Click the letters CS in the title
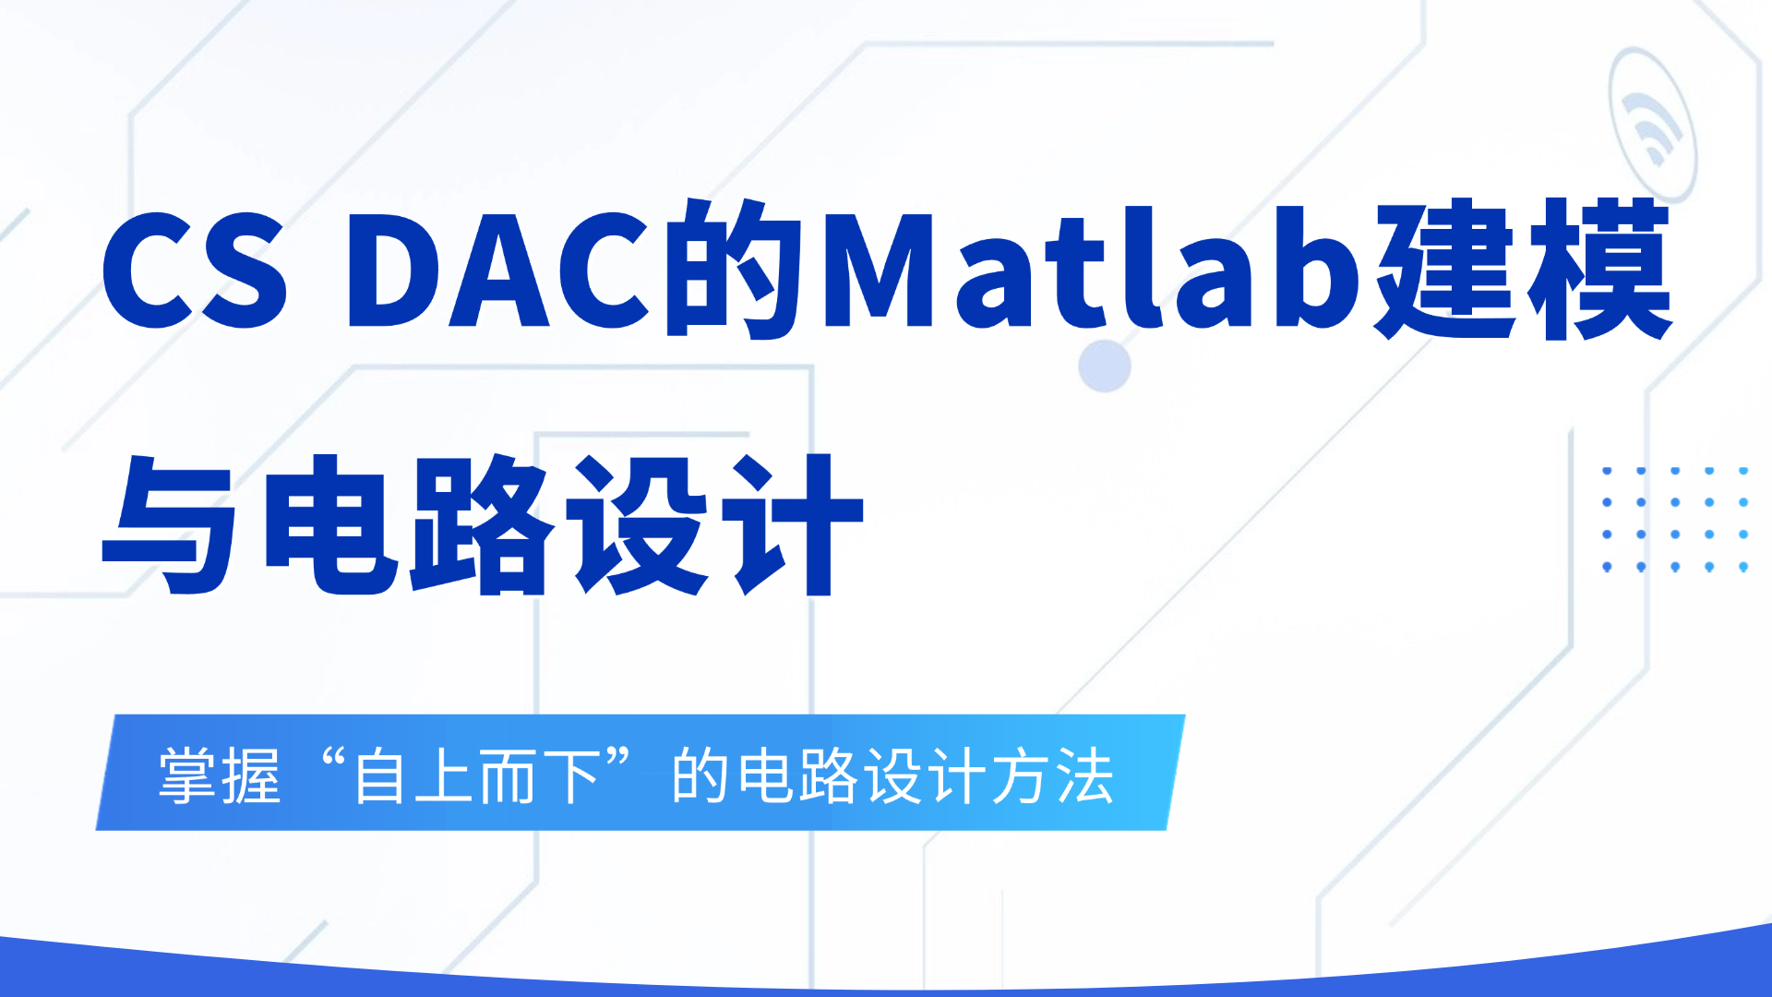coord(195,270)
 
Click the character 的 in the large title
coord(732,268)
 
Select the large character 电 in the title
coord(331,524)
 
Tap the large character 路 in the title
coord(484,524)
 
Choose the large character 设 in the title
coord(639,524)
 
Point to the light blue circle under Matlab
coord(1105,366)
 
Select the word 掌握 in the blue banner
coord(220,776)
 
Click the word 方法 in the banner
coord(1053,776)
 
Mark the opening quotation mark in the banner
coord(332,762)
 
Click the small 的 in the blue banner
coord(700,776)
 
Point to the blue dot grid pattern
coord(1675,519)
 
